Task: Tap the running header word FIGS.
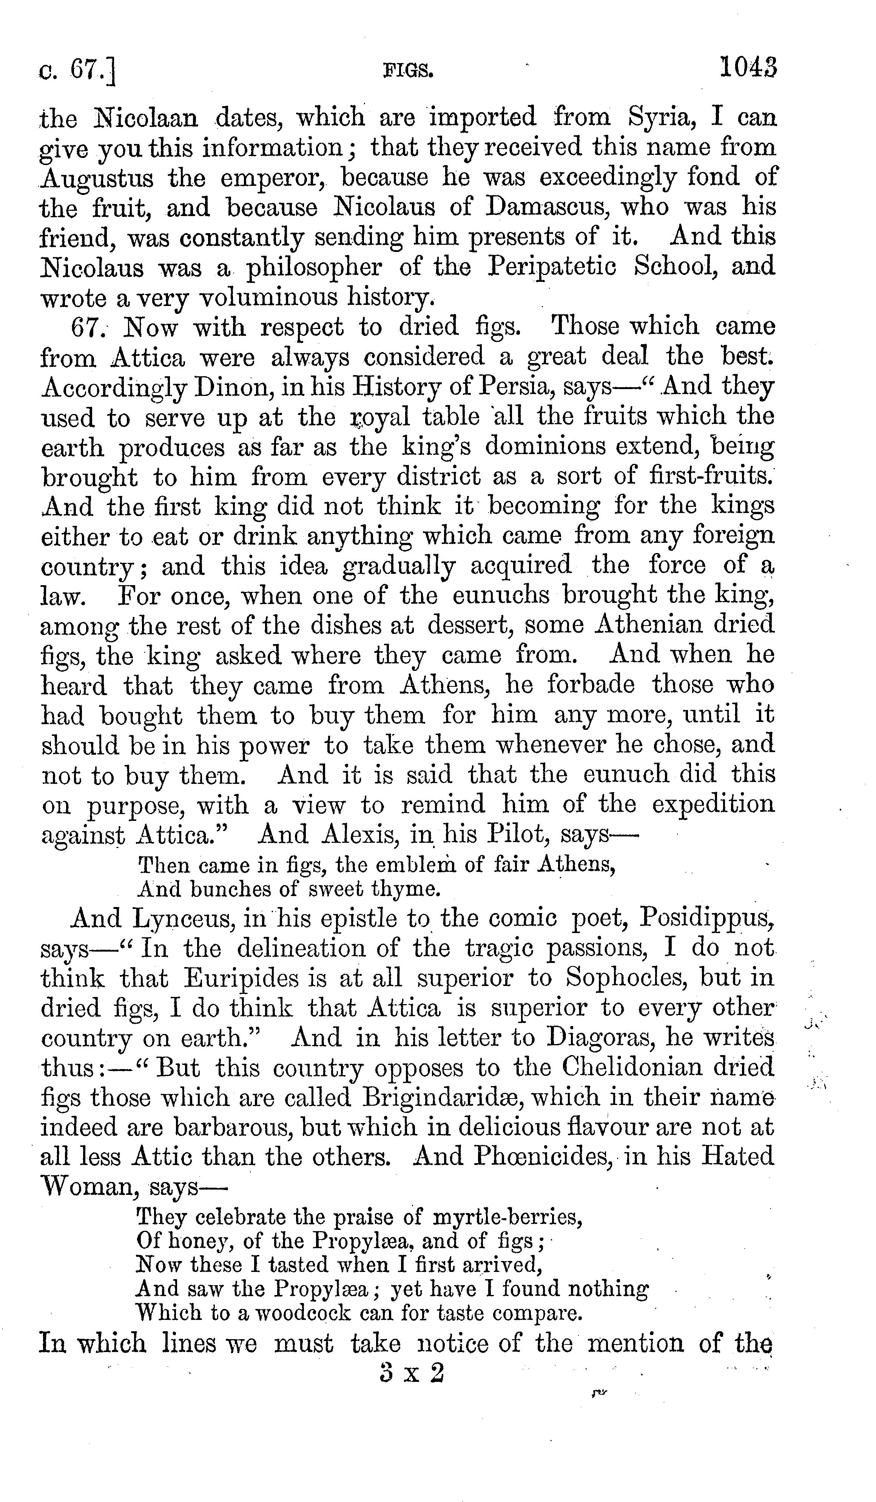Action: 408,71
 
